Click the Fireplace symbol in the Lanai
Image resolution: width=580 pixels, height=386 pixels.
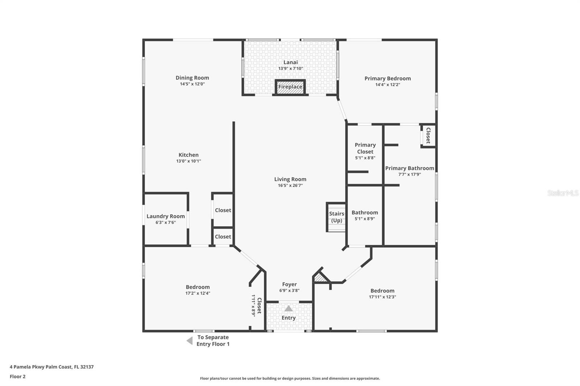(x=290, y=87)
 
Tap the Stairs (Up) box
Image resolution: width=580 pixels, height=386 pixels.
(x=336, y=217)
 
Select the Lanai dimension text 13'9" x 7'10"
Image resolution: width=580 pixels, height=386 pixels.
(x=290, y=68)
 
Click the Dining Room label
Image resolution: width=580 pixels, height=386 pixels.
(x=192, y=77)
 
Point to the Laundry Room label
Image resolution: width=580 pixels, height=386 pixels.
(x=166, y=216)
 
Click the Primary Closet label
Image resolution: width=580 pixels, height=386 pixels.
(x=365, y=148)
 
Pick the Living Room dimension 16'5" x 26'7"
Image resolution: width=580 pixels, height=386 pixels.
(x=290, y=185)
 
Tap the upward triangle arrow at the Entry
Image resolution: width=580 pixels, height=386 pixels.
(x=289, y=309)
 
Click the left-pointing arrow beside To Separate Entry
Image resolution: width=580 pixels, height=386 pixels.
(x=189, y=341)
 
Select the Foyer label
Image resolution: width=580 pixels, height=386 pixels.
(x=289, y=284)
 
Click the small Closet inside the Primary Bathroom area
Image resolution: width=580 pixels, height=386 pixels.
(x=428, y=135)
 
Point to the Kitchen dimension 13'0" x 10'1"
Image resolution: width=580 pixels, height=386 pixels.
(x=188, y=161)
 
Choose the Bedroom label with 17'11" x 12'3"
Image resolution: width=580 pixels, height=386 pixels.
(x=382, y=290)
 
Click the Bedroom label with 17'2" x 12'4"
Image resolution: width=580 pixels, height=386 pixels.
(x=198, y=287)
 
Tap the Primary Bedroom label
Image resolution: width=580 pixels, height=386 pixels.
(x=388, y=78)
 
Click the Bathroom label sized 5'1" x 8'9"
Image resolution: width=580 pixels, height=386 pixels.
(x=365, y=213)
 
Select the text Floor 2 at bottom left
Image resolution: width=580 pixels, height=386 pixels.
(x=17, y=377)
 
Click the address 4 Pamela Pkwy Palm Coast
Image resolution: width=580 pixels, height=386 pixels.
(x=51, y=367)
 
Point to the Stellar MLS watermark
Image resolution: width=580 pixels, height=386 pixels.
(x=563, y=193)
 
